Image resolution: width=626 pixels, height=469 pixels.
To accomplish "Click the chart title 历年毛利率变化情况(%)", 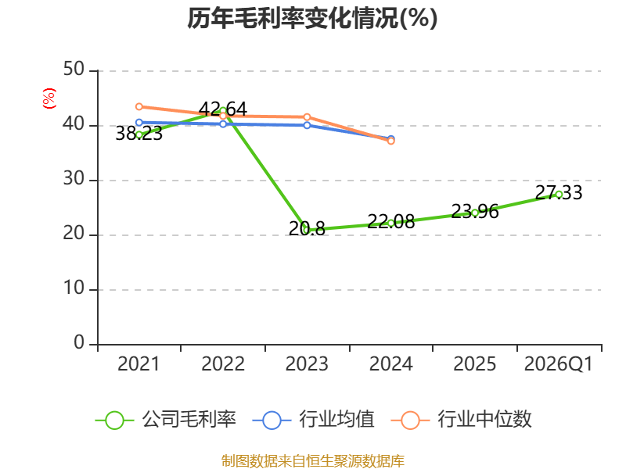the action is point(312,18).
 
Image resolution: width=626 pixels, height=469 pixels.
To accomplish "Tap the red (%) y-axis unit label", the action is point(49,98).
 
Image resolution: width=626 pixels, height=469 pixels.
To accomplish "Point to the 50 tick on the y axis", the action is point(74,70).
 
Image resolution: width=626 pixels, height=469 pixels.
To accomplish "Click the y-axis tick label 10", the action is point(74,288).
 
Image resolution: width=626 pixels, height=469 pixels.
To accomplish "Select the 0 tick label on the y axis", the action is point(79,342).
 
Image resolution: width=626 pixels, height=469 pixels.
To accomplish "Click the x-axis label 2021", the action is point(139,363).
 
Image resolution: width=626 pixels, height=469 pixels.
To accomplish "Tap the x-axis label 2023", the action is point(307,363).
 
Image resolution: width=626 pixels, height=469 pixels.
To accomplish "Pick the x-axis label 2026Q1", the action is point(559,363).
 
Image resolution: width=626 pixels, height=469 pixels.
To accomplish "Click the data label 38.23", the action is point(139,134).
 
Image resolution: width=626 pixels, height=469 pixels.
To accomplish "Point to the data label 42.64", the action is point(223,109).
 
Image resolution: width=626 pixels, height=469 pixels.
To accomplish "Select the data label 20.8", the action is point(307,229).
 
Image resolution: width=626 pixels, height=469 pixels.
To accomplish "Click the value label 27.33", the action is point(559,192).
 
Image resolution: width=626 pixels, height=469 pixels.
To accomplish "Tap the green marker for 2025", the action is point(475,213).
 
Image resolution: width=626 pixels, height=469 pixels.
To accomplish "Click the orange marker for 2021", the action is point(139,106).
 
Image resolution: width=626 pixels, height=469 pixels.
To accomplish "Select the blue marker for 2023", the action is point(307,125).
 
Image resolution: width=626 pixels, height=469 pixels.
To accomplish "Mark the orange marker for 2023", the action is point(307,116).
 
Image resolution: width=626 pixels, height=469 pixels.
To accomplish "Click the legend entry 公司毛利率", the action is point(166,420).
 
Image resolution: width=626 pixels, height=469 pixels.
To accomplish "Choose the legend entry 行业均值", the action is point(314,420).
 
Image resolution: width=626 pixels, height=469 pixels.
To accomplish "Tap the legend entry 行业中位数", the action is point(462,420).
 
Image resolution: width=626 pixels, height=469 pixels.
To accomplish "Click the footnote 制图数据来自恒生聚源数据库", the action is point(312,461).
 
